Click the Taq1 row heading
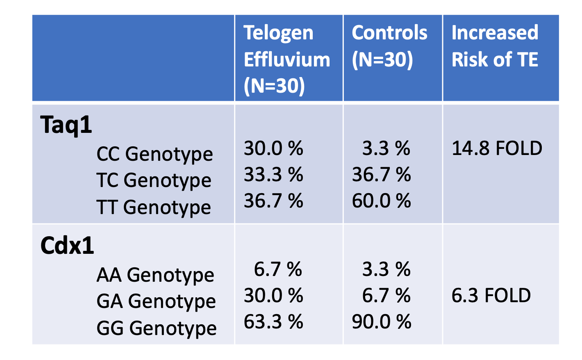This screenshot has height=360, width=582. coord(66,125)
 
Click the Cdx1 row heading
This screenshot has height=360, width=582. coord(67,246)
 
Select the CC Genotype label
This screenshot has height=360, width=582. coord(155,155)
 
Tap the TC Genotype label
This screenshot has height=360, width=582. coord(154,180)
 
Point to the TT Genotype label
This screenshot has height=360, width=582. coord(154,207)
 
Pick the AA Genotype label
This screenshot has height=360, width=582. coord(155,275)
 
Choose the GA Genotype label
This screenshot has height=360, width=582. coord(156,301)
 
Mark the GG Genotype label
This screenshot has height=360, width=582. coord(157,328)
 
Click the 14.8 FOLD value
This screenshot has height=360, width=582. coord(497,148)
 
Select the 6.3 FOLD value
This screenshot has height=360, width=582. coord(491,295)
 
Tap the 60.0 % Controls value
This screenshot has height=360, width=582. coord(381,201)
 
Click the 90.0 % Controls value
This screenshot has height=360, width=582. coord(381,321)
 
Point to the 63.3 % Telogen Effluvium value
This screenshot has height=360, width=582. coord(273,321)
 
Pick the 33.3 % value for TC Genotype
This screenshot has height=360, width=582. coord(273,175)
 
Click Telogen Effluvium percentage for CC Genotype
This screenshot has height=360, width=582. coord(273,148)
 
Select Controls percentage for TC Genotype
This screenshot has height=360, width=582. coord(381,175)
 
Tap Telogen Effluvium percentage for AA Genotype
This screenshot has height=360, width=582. coord(278,269)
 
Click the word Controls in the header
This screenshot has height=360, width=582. coord(389,33)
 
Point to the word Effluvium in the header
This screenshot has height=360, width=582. coord(287,59)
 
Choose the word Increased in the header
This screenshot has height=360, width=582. coord(495,33)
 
